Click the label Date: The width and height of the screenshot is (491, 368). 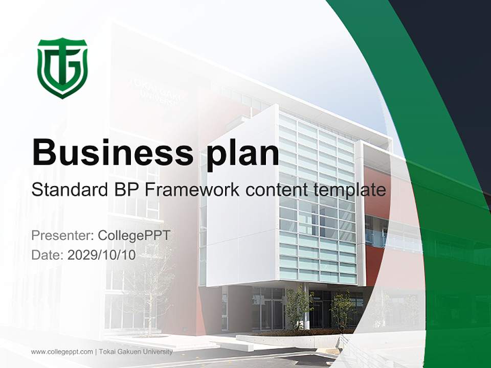pyautogui.click(x=48, y=255)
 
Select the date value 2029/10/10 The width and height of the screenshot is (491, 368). pyautogui.click(x=102, y=255)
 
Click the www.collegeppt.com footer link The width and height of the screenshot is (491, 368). pyautogui.click(x=61, y=352)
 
